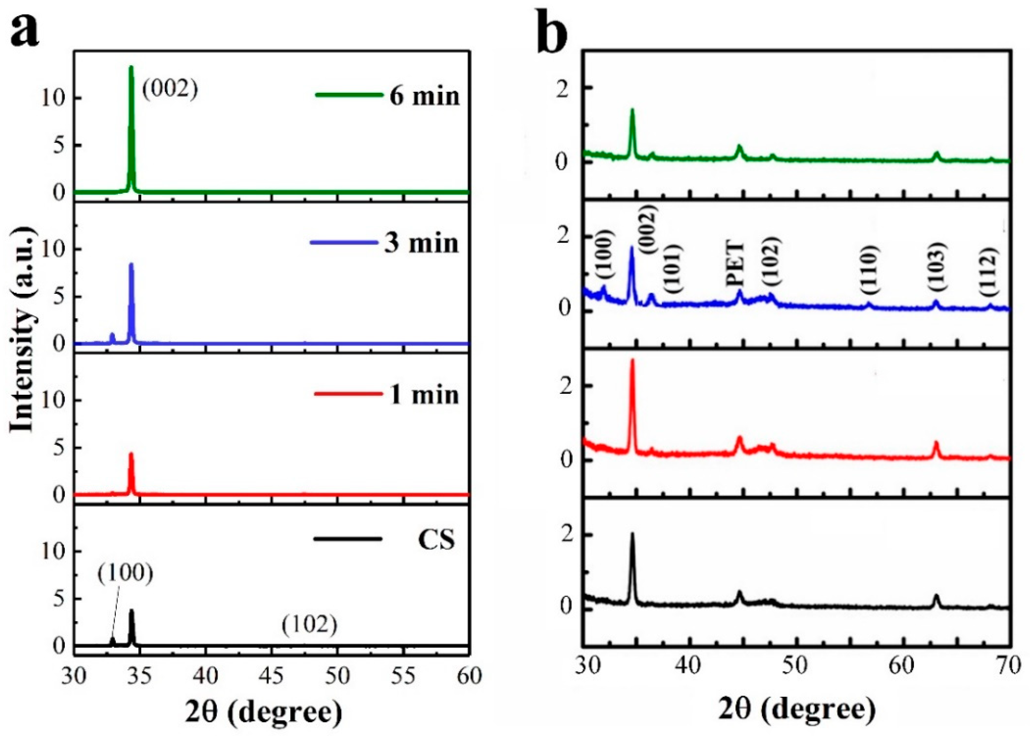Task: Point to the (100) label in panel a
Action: click(x=125, y=573)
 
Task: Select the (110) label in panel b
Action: click(x=869, y=270)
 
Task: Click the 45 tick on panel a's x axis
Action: click(x=272, y=677)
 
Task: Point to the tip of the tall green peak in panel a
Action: click(x=131, y=67)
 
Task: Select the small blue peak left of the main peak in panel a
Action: click(x=112, y=336)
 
